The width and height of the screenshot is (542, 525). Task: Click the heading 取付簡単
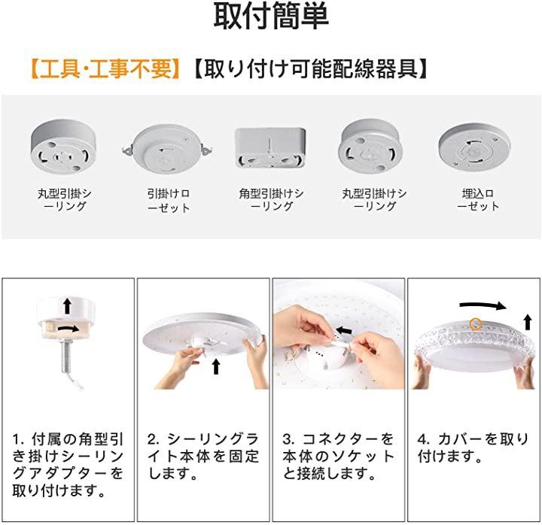(271, 17)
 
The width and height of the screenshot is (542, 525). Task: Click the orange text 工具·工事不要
(105, 68)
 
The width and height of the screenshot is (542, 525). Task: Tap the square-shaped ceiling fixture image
(270, 147)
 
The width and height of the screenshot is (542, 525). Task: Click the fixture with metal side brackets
(167, 150)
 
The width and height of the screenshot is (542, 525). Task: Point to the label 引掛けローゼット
(169, 200)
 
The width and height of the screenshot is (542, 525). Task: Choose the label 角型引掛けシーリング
(271, 199)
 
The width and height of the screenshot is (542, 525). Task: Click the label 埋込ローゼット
(478, 199)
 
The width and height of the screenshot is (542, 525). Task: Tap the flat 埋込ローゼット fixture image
(474, 147)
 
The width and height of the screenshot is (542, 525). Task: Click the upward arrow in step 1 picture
(67, 306)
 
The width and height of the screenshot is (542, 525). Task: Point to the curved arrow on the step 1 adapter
(68, 329)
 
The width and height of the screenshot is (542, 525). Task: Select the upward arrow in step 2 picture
(216, 366)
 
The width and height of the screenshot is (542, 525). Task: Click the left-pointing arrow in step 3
(344, 330)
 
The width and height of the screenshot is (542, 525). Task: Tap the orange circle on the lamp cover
(476, 324)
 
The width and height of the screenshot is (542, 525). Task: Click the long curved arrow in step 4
(483, 305)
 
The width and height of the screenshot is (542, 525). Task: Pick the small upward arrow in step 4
(528, 322)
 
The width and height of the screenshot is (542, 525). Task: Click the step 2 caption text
(203, 457)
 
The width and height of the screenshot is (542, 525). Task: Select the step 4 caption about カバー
(473, 448)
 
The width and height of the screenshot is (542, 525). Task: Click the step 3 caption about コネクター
(338, 457)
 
